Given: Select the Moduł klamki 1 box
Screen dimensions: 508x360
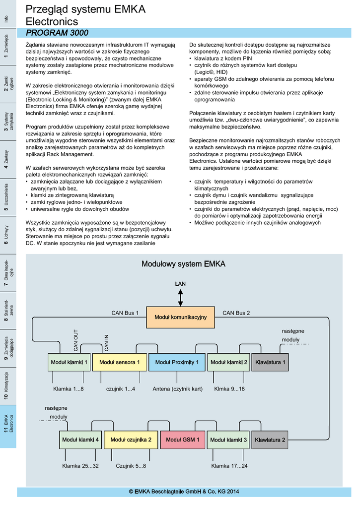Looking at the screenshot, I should click(70, 362).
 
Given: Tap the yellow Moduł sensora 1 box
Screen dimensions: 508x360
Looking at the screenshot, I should click(119, 362).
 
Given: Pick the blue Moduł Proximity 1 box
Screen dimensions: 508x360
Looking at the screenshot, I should click(177, 362).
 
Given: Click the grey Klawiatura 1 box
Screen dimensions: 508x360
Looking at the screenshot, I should click(270, 362).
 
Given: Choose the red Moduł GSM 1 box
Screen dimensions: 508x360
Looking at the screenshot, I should click(182, 440).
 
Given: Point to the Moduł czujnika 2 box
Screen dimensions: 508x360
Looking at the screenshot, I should click(127, 440).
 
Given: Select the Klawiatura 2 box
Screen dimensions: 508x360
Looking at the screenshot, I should click(270, 440).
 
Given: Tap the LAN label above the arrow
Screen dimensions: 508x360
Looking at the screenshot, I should click(180, 283).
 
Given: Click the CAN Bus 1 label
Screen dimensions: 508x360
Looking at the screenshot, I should click(125, 313).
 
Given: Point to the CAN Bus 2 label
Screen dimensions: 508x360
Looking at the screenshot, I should click(236, 313).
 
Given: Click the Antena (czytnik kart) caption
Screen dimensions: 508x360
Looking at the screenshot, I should click(178, 389).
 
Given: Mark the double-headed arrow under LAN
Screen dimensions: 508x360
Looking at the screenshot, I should click(180, 298).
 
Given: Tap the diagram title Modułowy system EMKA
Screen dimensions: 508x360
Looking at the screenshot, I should click(184, 264).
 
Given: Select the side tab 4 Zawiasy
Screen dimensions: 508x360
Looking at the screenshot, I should click(8, 159).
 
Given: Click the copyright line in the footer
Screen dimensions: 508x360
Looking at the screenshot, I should click(184, 492).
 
